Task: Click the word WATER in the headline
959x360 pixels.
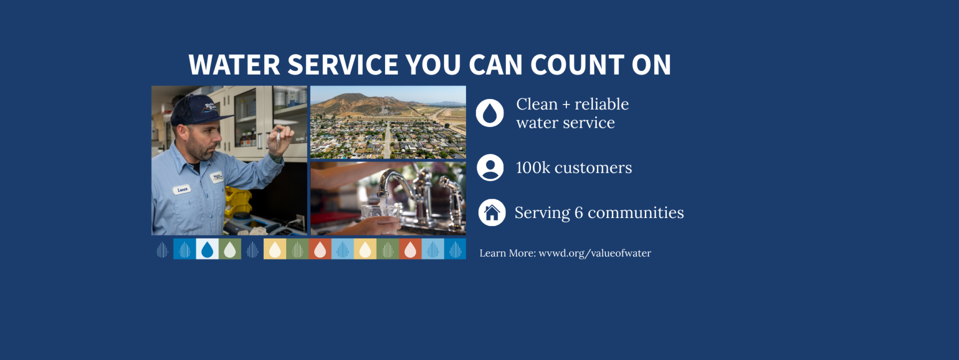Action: point(234,64)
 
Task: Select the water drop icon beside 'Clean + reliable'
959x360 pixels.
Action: point(490,113)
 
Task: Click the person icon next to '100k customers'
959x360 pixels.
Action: point(490,167)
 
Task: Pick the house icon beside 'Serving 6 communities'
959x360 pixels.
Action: point(492,212)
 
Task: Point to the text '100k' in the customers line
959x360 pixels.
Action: point(533,168)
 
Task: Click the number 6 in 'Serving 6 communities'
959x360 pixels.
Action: point(578,213)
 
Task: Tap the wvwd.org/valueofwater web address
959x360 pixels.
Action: point(595,253)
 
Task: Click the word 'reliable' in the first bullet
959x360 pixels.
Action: point(601,104)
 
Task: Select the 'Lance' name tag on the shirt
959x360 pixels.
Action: point(182,190)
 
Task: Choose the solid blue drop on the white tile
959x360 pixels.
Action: point(207,249)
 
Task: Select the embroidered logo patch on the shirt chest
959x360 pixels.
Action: point(218,177)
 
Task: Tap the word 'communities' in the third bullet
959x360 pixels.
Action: point(636,213)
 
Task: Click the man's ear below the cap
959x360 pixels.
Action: point(182,132)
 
